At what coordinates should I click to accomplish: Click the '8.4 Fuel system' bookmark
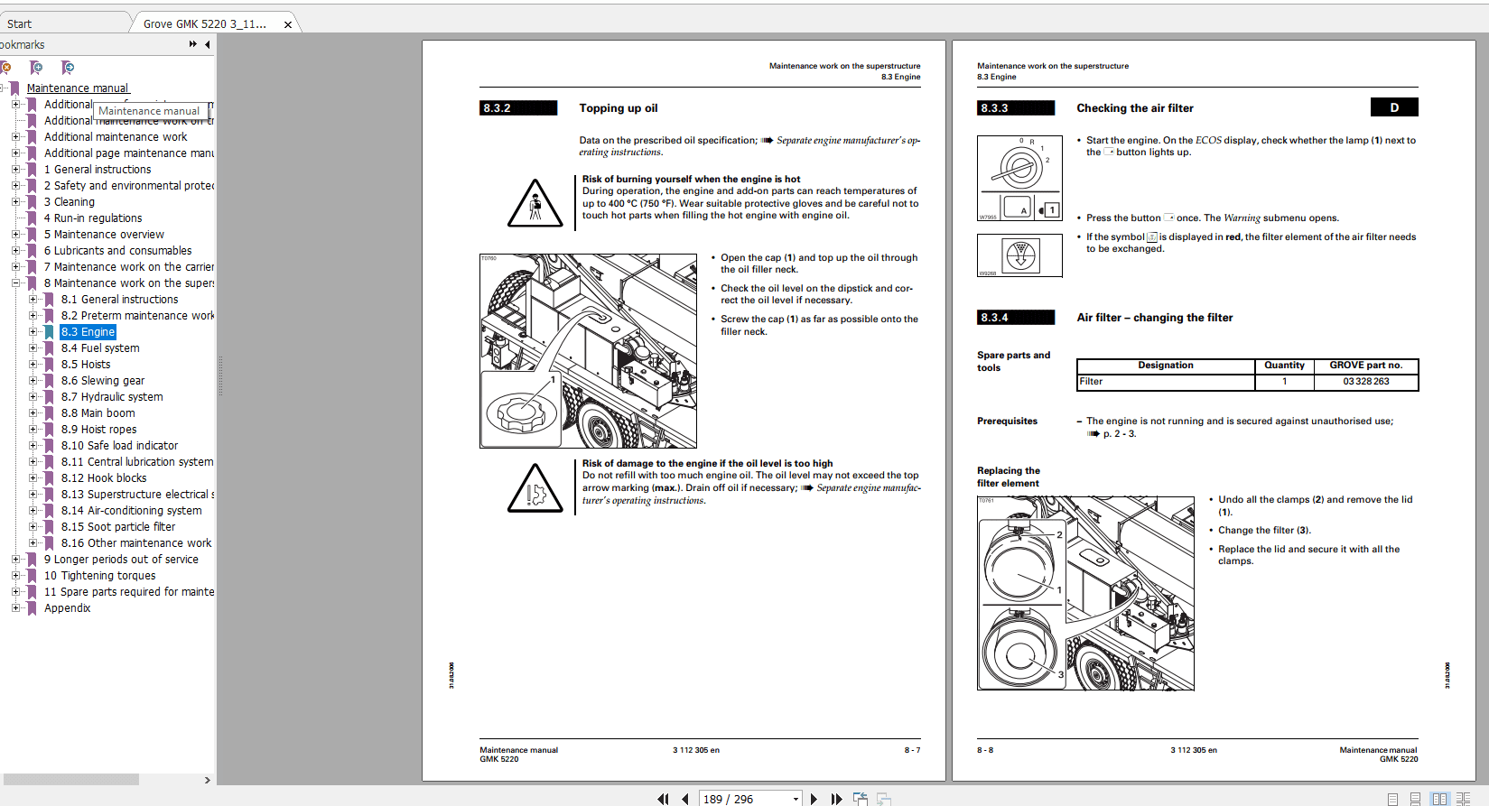point(100,348)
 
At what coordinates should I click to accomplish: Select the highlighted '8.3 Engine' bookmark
point(88,332)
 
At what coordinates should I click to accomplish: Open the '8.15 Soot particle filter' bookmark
point(118,527)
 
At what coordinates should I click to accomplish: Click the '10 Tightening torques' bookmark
point(99,576)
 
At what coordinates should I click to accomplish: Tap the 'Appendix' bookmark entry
point(68,608)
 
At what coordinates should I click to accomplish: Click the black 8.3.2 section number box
point(518,108)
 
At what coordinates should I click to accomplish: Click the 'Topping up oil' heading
point(618,108)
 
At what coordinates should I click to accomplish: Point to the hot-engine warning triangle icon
point(535,203)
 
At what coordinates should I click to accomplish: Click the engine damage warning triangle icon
point(535,488)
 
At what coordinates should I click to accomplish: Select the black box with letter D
point(1393,107)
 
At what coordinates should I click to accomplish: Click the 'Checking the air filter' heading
point(1134,108)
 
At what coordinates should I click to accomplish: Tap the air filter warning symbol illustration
point(1020,255)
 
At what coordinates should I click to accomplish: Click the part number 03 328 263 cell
point(1365,382)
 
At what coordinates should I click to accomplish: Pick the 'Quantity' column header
point(1283,366)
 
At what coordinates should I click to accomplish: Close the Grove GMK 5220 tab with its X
point(288,24)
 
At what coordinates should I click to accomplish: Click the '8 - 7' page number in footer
point(912,750)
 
